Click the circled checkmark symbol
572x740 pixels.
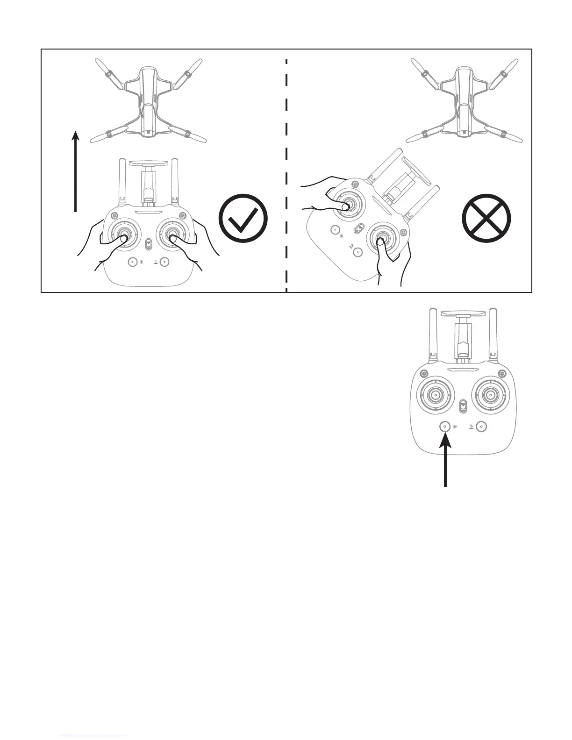pyautogui.click(x=243, y=219)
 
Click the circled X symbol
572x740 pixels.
pyautogui.click(x=486, y=219)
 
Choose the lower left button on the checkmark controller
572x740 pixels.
pyautogui.click(x=133, y=262)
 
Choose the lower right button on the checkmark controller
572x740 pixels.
pyautogui.click(x=164, y=262)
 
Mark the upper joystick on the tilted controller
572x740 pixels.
pyautogui.click(x=347, y=206)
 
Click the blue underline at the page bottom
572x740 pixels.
pyautogui.click(x=93, y=736)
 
